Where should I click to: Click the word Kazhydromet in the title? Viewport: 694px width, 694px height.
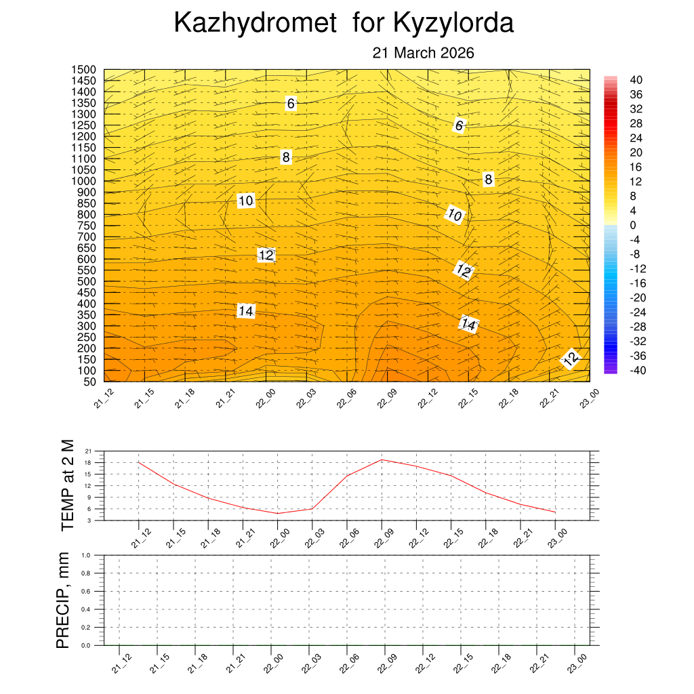(255, 23)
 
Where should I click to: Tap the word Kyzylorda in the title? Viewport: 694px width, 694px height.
(453, 23)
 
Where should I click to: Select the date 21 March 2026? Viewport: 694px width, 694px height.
(423, 54)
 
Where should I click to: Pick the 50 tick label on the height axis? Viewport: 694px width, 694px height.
(89, 382)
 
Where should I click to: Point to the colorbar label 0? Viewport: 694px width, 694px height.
(633, 225)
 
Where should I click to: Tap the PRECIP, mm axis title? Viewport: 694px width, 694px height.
(63, 600)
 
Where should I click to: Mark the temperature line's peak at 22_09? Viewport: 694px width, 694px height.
(382, 460)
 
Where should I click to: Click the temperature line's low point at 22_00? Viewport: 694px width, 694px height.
(277, 513)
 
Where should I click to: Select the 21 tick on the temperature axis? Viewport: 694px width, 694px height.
(88, 451)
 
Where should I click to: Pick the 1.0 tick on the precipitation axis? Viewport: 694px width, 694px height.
(86, 555)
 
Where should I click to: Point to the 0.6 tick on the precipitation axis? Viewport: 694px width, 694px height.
(86, 592)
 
